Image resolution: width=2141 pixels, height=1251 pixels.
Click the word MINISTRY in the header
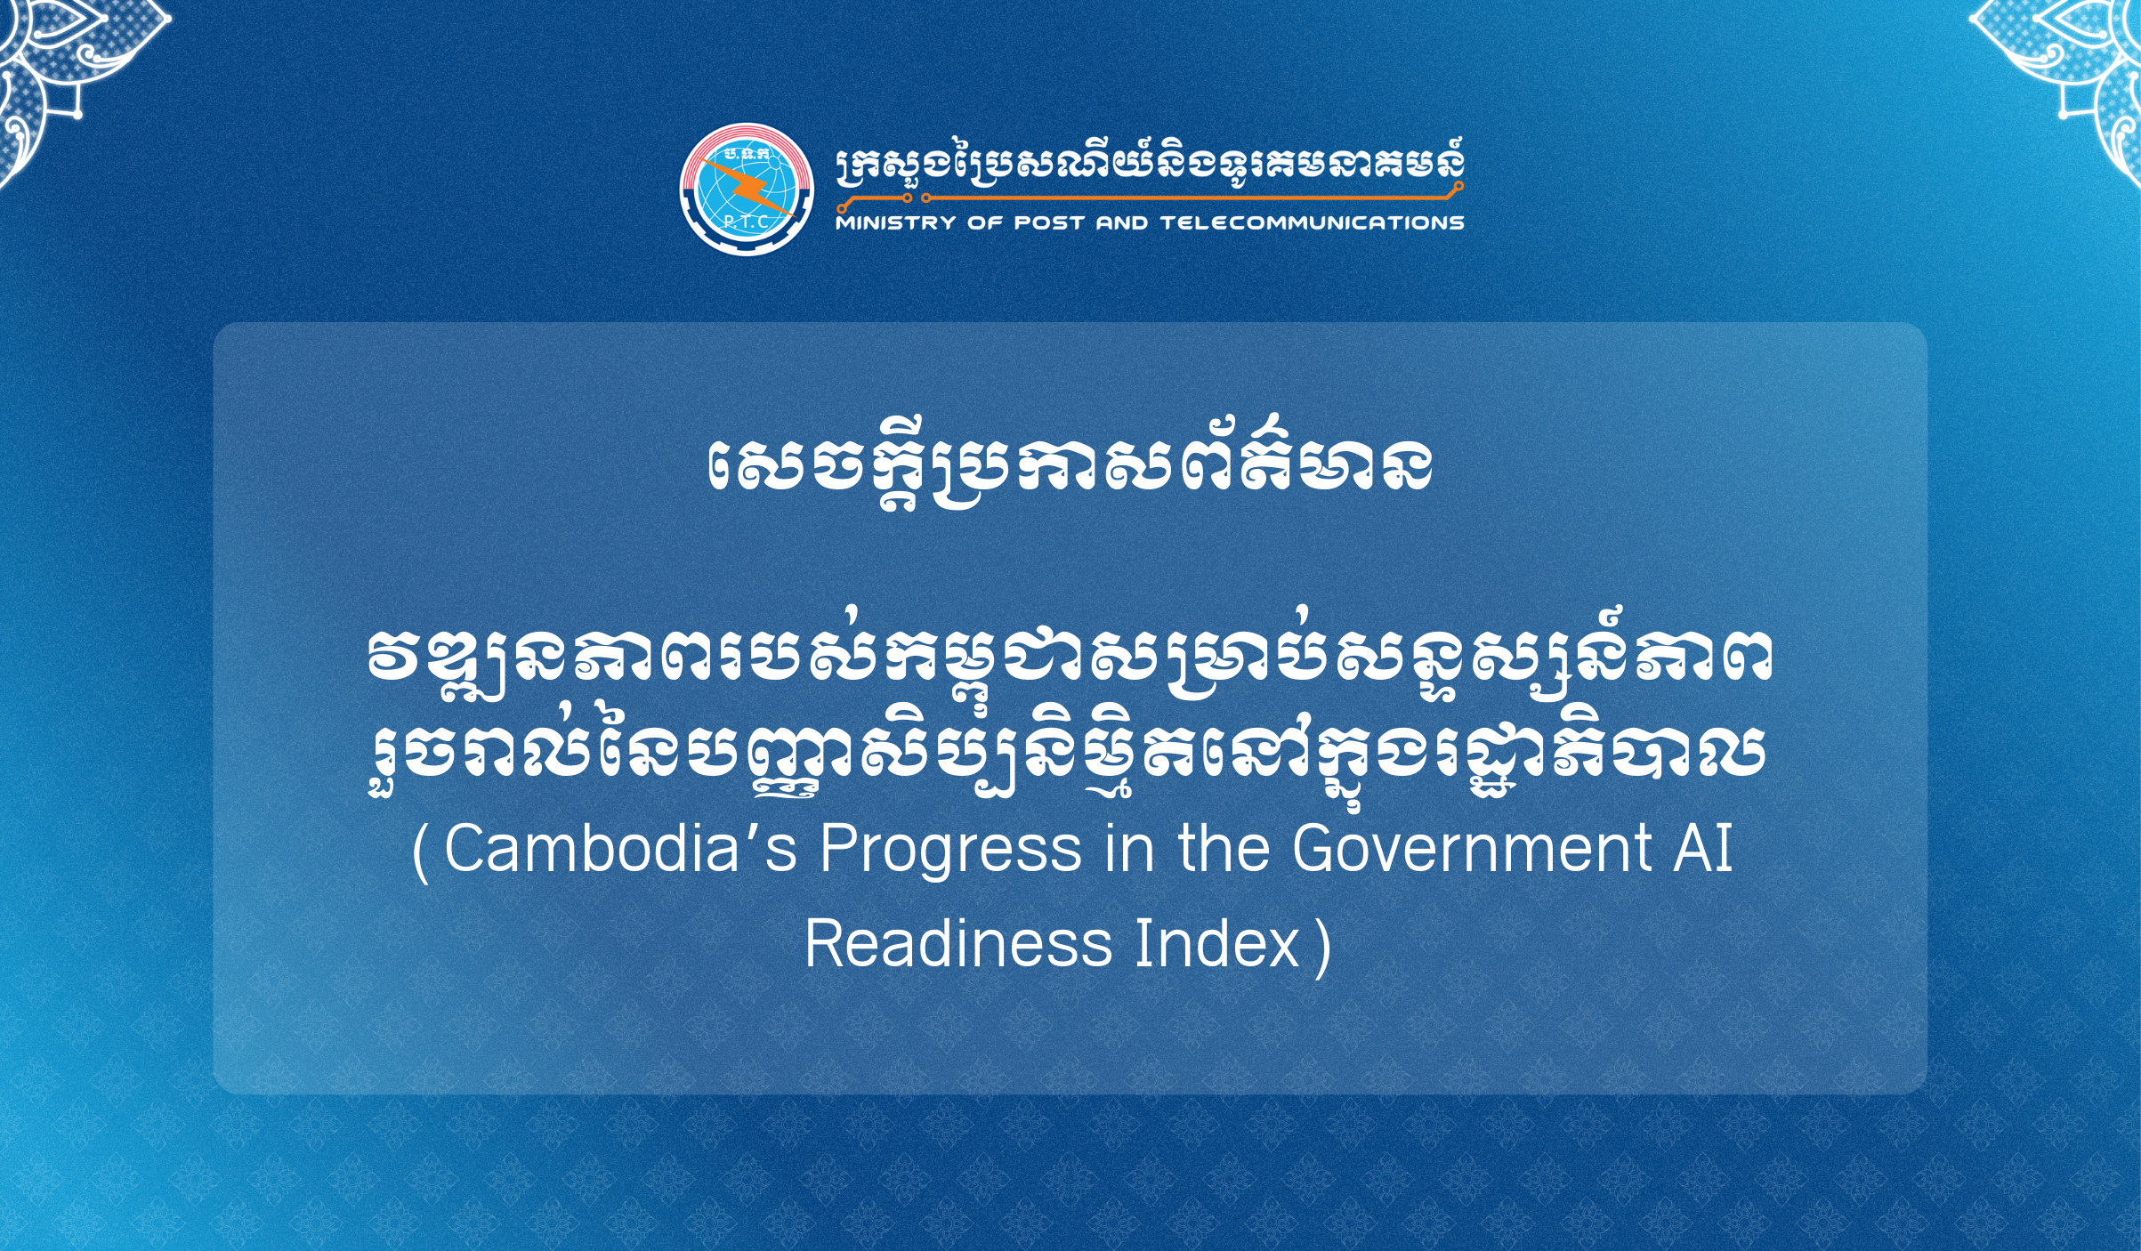895,222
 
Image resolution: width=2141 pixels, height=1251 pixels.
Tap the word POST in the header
1049,222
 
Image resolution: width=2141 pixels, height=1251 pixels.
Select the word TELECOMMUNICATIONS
1313,222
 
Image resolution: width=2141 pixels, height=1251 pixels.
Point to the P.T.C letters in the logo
746,222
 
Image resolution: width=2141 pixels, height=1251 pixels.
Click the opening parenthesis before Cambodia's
421,852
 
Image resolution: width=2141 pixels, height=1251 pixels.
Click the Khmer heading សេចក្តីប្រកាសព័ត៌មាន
1070,464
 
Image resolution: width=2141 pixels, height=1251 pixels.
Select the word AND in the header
1122,222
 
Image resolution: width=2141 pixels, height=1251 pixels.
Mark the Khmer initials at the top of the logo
746,154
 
